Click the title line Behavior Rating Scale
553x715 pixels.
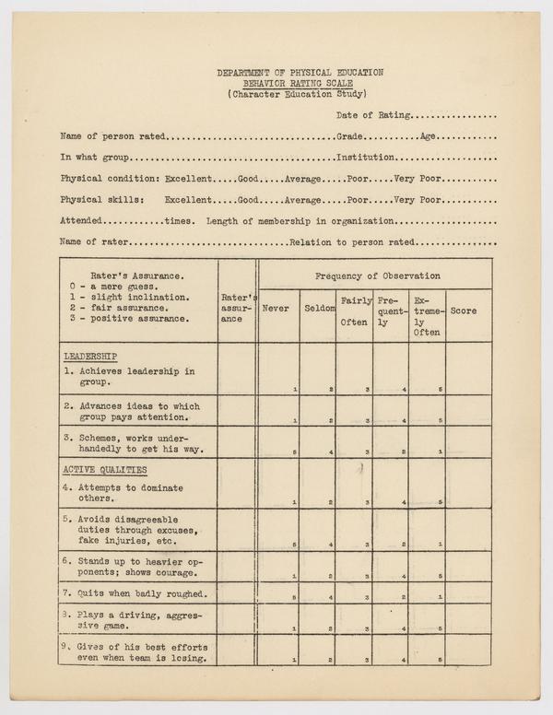click(300, 82)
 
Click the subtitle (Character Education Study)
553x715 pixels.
click(300, 93)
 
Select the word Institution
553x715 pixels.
click(367, 157)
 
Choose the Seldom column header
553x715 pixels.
click(317, 309)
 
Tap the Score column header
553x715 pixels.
click(464, 311)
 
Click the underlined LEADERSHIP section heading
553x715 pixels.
click(90, 355)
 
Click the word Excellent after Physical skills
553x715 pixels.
click(188, 199)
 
